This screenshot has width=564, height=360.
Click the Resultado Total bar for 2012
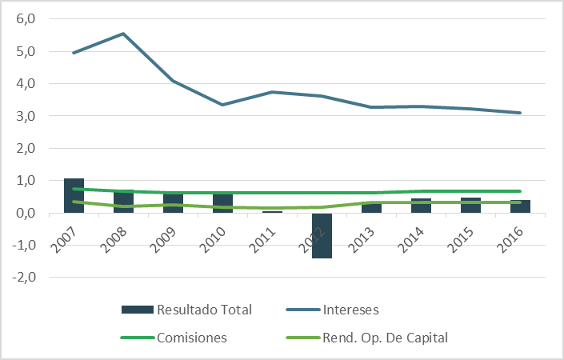tap(322, 240)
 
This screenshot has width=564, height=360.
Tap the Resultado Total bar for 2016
tap(520, 207)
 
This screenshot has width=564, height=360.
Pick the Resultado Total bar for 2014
tap(421, 206)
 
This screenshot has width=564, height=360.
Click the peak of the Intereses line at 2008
tap(123, 34)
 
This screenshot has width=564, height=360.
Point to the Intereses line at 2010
tap(222, 105)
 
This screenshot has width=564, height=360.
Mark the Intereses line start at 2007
tap(74, 53)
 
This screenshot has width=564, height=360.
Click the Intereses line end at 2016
tap(520, 113)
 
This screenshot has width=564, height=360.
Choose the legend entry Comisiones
tap(192, 338)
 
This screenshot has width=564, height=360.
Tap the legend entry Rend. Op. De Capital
tap(385, 338)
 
